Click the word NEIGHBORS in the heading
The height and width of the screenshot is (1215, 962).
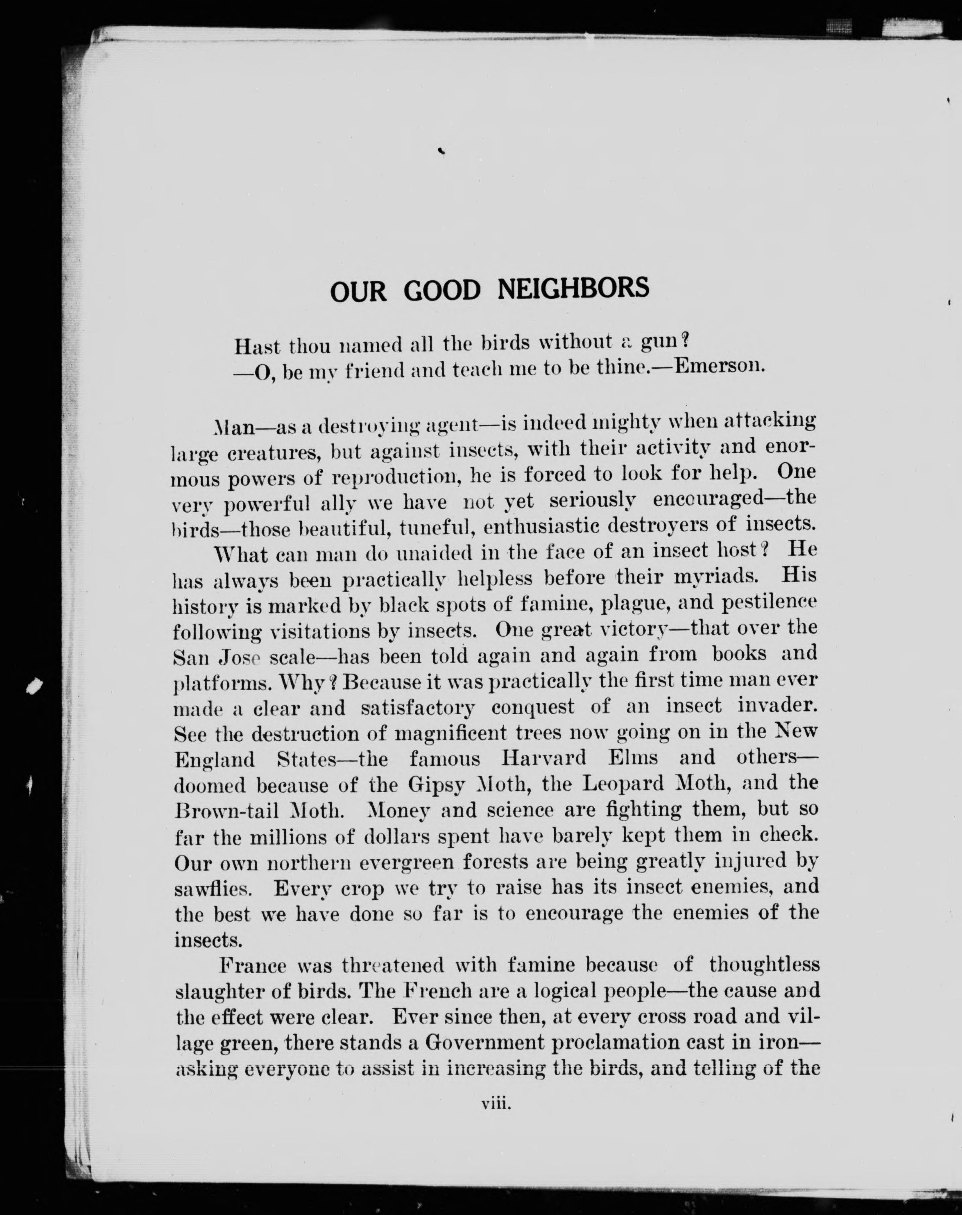[x=573, y=288]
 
